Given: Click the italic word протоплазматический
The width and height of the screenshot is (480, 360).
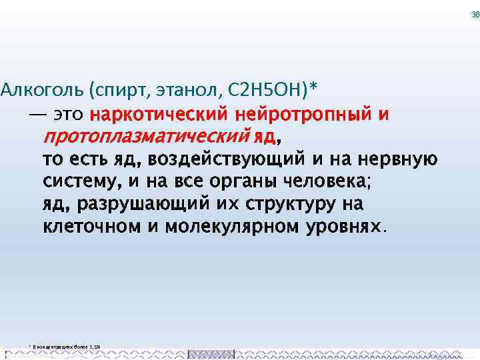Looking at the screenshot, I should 146,137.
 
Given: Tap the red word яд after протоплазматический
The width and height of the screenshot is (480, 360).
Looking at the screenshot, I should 265,137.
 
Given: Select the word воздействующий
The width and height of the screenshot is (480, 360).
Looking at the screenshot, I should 217,160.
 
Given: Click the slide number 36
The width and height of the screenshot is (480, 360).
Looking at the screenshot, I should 475,15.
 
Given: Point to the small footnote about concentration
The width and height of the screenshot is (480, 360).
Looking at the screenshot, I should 65,347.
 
